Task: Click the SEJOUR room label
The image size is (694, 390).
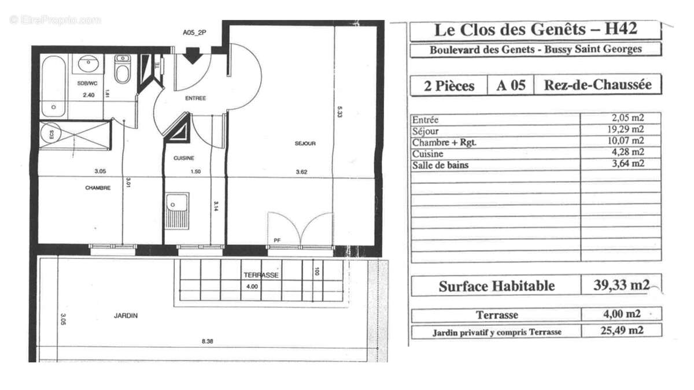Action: click(306, 144)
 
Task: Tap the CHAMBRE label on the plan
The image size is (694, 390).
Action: click(98, 187)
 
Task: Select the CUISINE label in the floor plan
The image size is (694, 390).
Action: click(184, 158)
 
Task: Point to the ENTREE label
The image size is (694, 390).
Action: click(195, 98)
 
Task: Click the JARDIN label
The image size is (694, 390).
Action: click(125, 316)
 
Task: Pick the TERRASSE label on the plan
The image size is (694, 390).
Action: click(261, 276)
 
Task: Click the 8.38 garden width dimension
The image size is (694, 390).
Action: click(207, 341)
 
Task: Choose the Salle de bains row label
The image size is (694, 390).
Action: click(440, 165)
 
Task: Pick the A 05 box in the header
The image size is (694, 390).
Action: click(511, 86)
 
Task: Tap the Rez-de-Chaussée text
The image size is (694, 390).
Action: click(597, 85)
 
